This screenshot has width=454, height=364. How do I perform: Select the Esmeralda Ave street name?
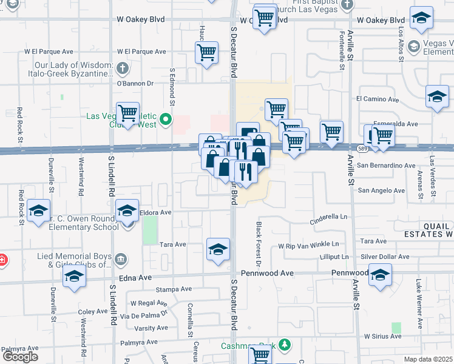[395, 124]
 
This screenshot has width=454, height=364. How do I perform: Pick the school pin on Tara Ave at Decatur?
[218, 249]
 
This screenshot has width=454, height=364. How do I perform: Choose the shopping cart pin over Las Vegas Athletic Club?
[127, 113]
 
